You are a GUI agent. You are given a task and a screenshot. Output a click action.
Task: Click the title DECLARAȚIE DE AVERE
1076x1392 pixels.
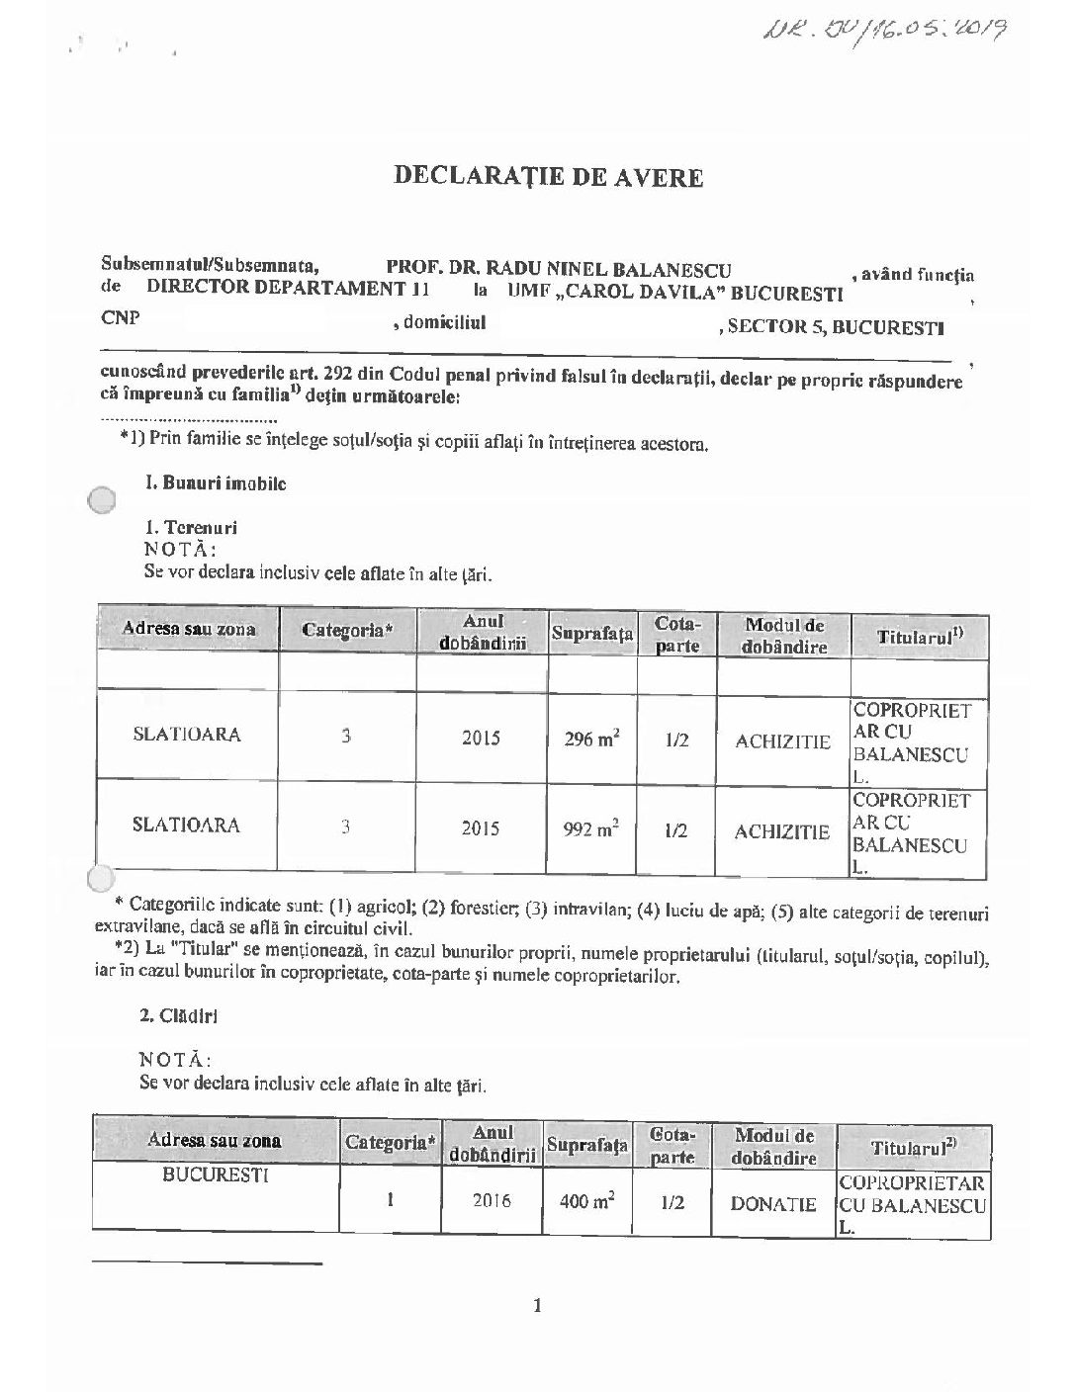click(549, 177)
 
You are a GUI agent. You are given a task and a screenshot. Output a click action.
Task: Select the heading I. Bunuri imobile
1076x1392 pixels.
click(217, 484)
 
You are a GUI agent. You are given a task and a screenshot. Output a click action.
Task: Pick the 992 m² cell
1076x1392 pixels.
click(591, 828)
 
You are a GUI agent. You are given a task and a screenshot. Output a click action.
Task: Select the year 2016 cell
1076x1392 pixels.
click(492, 1201)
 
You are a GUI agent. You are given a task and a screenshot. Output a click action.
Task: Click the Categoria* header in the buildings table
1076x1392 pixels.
click(391, 1144)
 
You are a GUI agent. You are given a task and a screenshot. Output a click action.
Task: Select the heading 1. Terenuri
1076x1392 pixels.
click(191, 528)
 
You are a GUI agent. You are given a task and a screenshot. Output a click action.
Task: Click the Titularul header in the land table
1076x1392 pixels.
click(918, 638)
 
